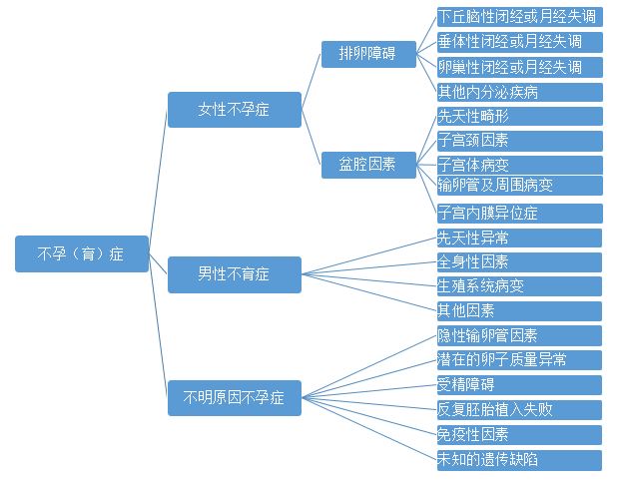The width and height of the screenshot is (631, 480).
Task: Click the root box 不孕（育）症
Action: [82, 253]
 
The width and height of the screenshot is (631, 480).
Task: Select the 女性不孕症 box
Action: [235, 110]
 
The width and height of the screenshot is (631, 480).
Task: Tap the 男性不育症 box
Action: [235, 274]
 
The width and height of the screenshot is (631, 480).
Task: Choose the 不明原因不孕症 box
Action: [235, 398]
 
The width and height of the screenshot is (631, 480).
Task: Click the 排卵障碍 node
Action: [368, 54]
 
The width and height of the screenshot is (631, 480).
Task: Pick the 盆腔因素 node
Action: [368, 165]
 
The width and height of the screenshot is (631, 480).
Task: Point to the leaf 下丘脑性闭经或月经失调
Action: [519, 17]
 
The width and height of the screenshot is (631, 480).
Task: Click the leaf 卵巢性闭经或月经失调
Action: [519, 67]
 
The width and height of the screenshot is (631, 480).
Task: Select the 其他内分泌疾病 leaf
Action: [519, 92]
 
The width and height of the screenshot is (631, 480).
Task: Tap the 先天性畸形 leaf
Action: [519, 117]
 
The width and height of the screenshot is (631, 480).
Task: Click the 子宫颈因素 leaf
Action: [519, 141]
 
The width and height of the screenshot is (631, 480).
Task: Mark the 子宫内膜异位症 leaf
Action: [519, 214]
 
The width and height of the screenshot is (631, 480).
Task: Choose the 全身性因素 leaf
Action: [519, 262]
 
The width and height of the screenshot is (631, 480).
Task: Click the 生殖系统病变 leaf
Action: [519, 286]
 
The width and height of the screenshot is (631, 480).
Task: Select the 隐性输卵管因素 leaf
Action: [519, 335]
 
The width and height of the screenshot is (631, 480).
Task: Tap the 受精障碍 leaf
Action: [519, 385]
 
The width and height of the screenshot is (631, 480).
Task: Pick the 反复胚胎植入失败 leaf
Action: [519, 410]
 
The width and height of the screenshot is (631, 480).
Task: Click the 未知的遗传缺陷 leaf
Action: [519, 460]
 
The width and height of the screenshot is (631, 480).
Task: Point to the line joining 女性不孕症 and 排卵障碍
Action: [312, 80]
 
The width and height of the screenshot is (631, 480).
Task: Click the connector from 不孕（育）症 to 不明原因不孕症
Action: [158, 325]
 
